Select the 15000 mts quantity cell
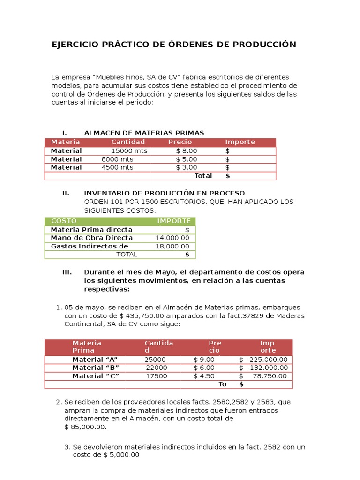coord(129,151)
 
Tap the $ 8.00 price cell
coord(187,151)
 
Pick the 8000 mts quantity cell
coord(117,159)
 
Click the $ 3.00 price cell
coord(187,167)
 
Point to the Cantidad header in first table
coord(128,142)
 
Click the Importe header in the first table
coord(240,142)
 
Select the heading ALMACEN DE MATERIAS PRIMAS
coord(144,133)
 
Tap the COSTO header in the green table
coord(64,221)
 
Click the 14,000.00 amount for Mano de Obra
coord(172,238)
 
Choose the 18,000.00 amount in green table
coord(172,246)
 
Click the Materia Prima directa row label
coord(91,230)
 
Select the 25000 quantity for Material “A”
coord(155,360)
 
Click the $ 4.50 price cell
coord(204,376)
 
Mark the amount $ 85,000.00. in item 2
coord(85,427)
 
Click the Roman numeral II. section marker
coord(66,193)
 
